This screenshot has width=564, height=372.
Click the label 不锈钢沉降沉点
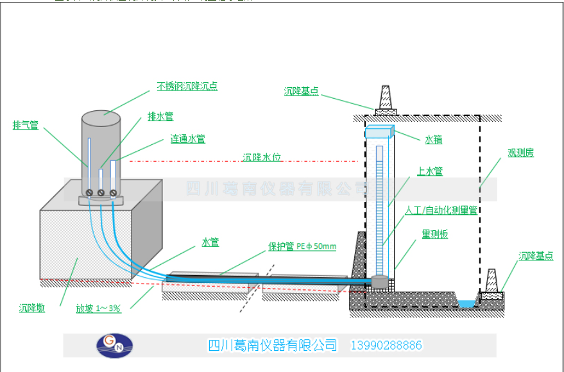(x=187, y=86)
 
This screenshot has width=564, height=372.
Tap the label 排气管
(x=26, y=125)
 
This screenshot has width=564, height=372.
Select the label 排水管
(x=160, y=116)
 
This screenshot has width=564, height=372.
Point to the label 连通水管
(x=187, y=139)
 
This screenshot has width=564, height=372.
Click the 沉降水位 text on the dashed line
(x=262, y=157)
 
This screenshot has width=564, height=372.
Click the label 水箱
(x=433, y=139)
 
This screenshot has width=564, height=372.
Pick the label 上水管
(x=429, y=171)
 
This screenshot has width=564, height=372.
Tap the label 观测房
(x=520, y=153)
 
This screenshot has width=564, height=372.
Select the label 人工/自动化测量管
(x=441, y=210)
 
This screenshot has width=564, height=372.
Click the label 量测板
(x=434, y=235)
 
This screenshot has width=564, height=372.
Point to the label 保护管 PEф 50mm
(x=302, y=246)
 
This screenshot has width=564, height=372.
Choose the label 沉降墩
(x=32, y=309)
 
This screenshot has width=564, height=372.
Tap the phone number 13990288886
(x=386, y=345)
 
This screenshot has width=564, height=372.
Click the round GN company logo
(x=114, y=345)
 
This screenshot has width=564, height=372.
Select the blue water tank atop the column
(x=379, y=131)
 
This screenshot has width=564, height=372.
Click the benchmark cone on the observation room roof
(x=386, y=99)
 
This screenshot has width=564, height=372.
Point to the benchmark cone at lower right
(x=491, y=281)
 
